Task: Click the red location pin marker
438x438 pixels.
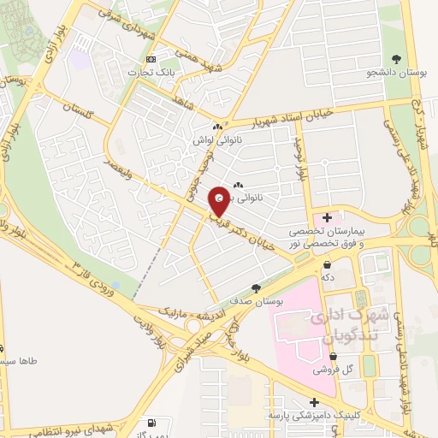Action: click(219, 200)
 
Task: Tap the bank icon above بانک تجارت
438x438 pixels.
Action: click(151, 59)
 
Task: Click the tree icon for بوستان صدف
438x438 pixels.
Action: click(255, 288)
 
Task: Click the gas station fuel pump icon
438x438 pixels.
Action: click(152, 422)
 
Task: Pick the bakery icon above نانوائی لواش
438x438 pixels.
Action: click(217, 127)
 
